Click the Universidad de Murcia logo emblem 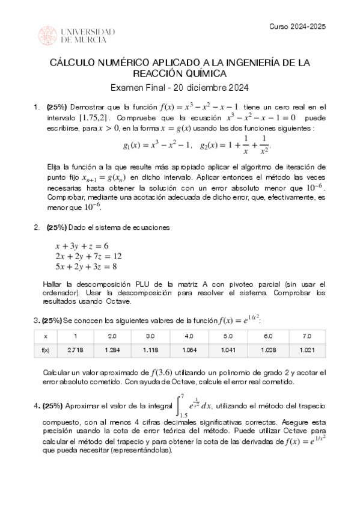coord(48,35)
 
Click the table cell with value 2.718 coord(76,349)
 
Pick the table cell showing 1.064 coord(189,349)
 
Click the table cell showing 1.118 coord(150,349)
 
